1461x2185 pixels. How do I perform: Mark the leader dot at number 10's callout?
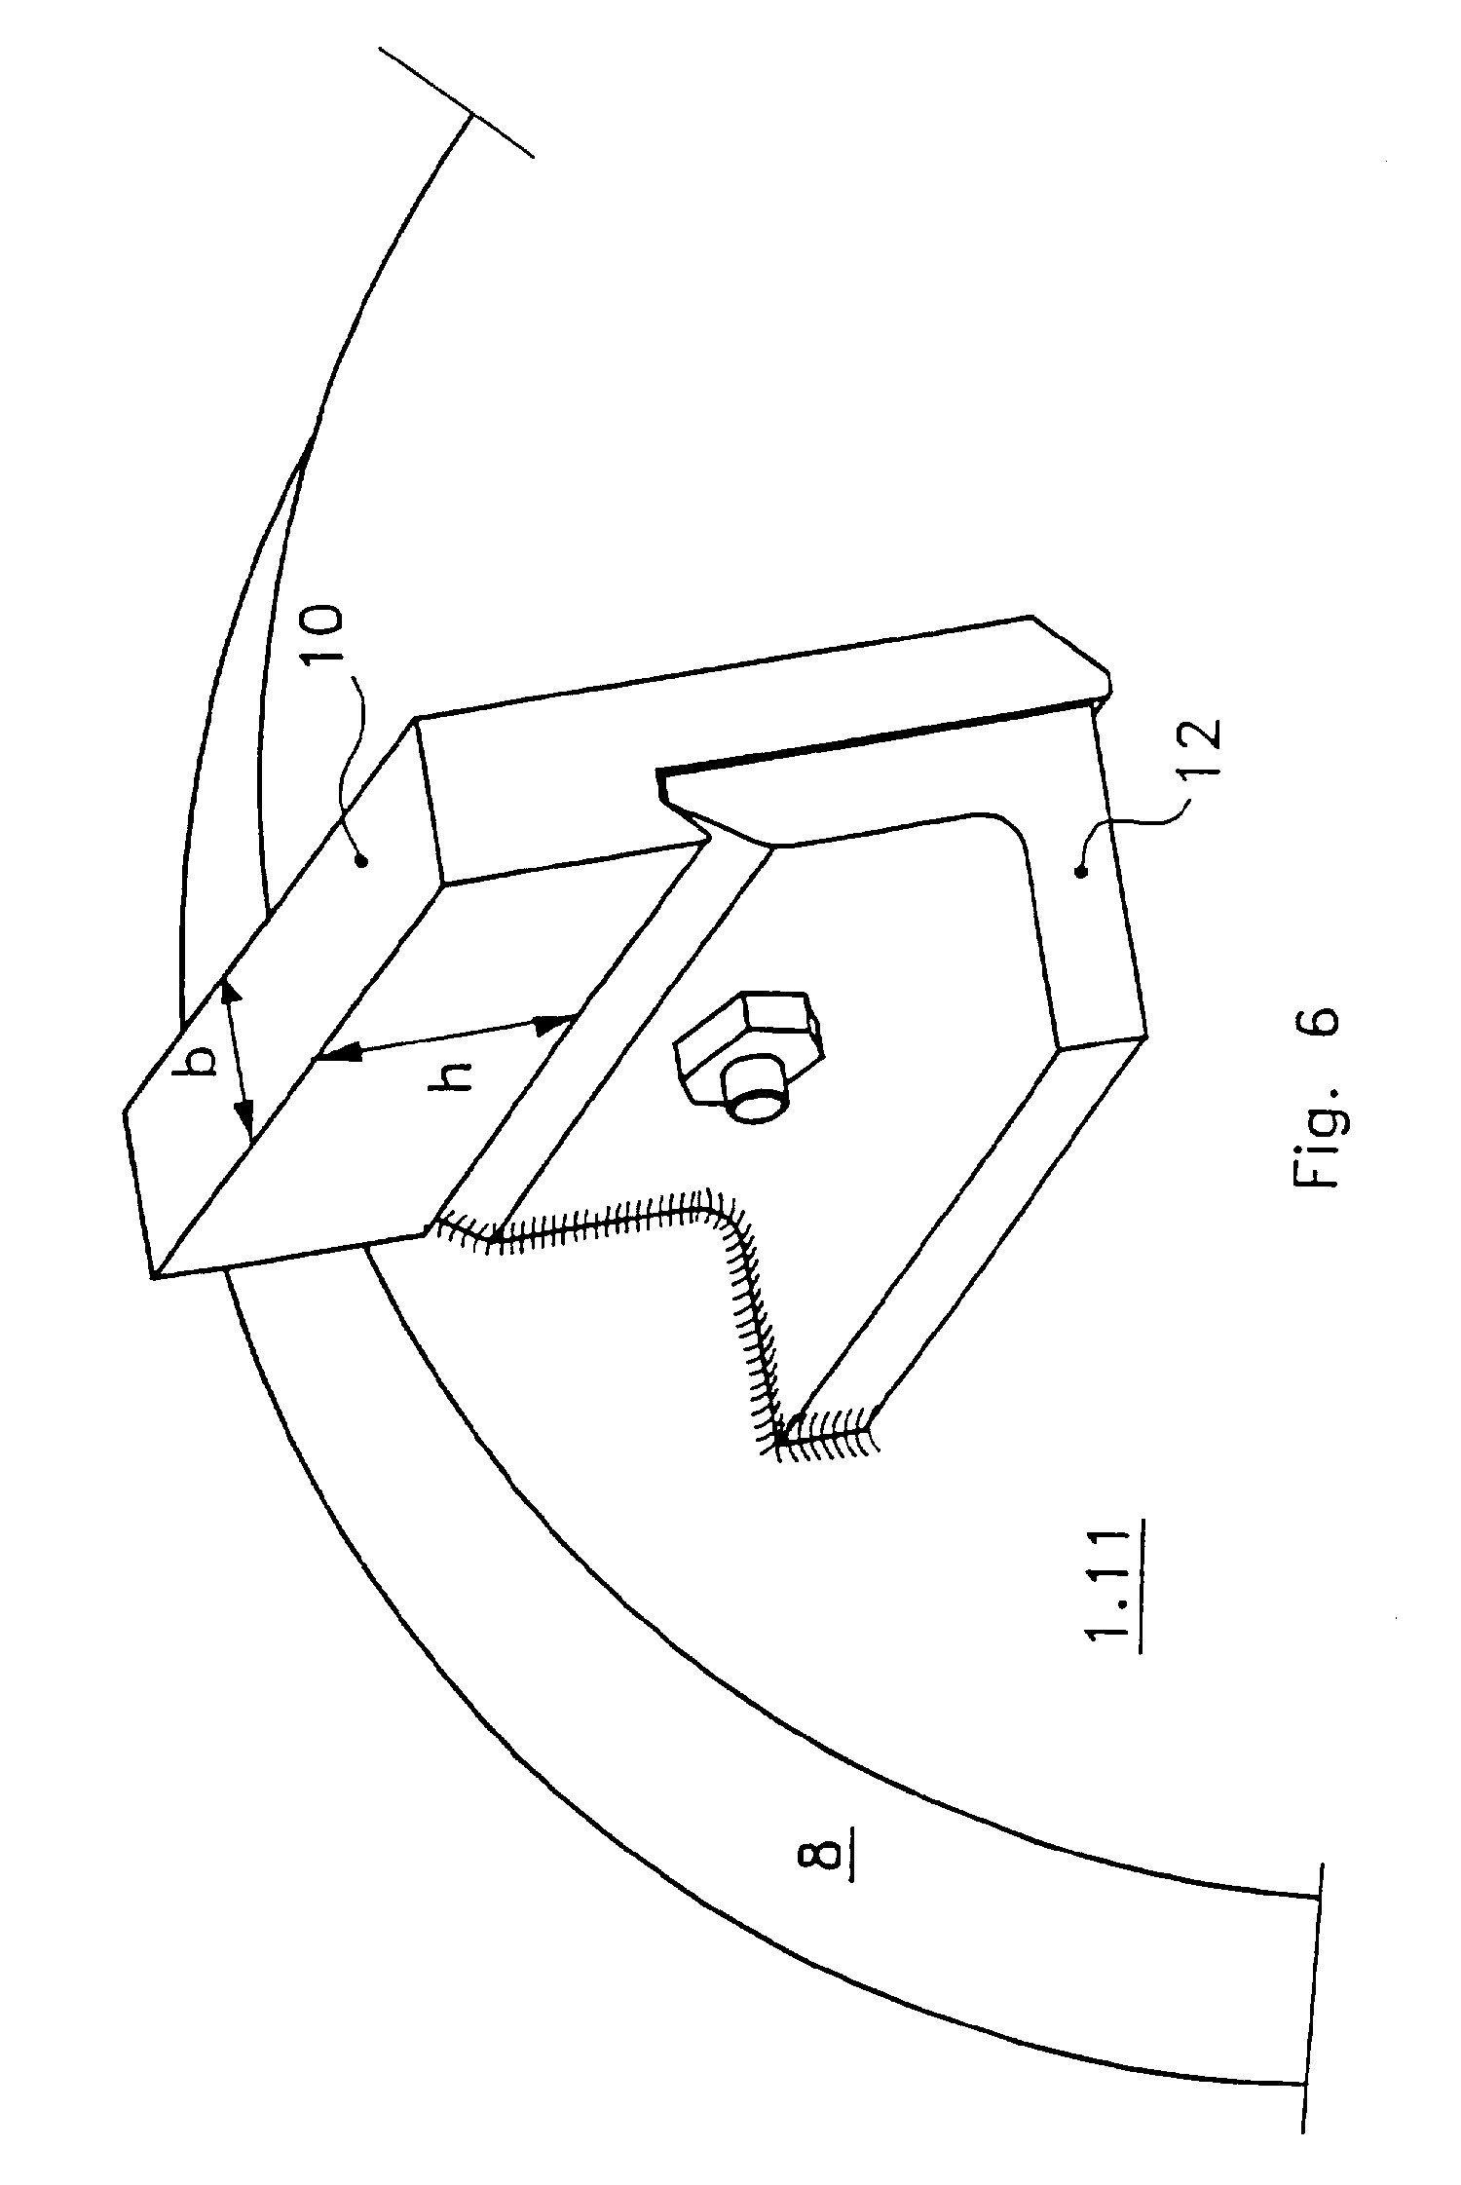point(362,859)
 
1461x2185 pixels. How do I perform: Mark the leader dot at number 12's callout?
point(1078,873)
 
